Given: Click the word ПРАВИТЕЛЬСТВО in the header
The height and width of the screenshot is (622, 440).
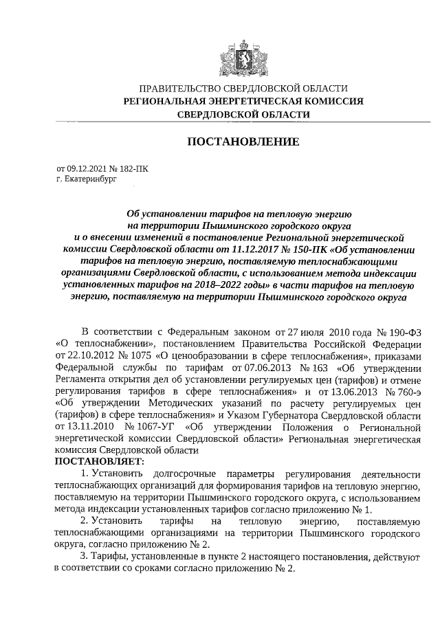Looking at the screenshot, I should click(166, 89).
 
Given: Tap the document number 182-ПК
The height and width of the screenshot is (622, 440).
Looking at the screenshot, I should click(132, 168).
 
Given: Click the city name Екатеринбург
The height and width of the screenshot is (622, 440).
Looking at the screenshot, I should click(83, 178).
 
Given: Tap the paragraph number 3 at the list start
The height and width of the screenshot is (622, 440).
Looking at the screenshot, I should click(83, 556).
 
